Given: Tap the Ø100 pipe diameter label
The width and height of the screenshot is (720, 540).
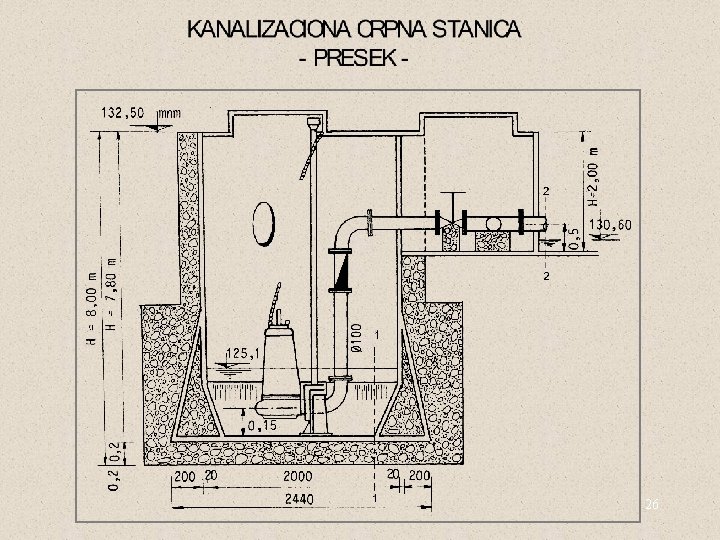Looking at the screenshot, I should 356,335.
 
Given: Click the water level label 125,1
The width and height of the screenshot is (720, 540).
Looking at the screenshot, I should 244,352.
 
